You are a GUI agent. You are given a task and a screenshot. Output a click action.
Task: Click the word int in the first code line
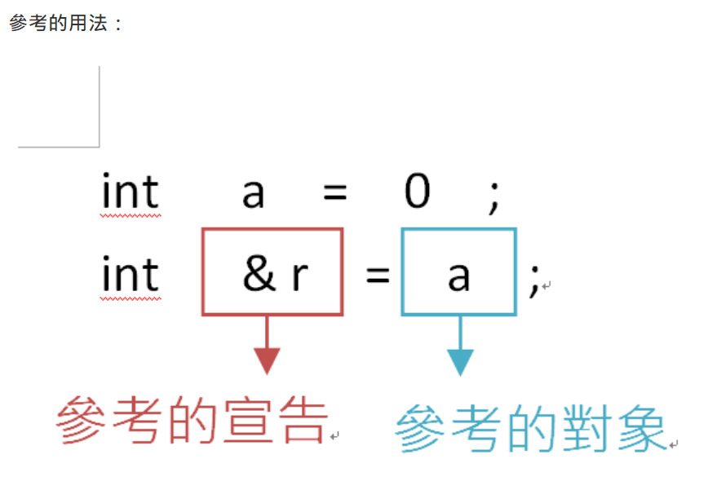click(x=130, y=192)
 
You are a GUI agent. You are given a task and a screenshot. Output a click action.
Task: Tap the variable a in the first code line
click(x=253, y=194)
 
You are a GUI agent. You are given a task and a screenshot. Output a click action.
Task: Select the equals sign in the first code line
click(x=334, y=194)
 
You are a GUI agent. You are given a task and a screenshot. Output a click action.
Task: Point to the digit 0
click(x=417, y=192)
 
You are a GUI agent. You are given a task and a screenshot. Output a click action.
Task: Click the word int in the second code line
click(x=130, y=274)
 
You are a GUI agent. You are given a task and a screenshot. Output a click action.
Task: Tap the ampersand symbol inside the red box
click(x=259, y=275)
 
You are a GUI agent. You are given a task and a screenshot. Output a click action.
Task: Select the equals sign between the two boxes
click(x=377, y=276)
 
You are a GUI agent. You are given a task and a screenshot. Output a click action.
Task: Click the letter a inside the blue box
click(x=458, y=276)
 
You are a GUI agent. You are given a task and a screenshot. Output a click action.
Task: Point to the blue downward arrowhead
click(x=460, y=361)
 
